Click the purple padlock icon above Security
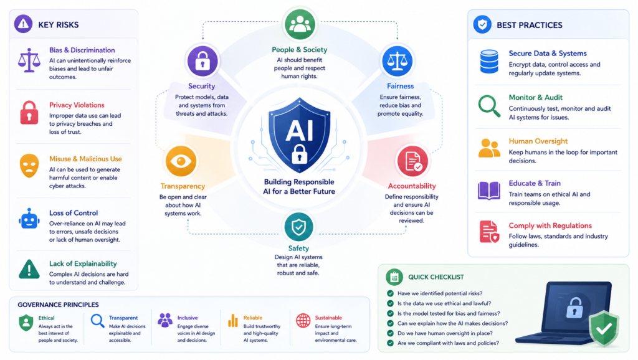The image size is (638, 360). tap(202, 61)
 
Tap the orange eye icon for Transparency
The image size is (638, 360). tap(181, 161)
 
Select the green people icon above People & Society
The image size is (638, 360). tap(300, 24)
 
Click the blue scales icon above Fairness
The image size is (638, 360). tap(397, 61)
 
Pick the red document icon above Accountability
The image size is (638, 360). tap(412, 161)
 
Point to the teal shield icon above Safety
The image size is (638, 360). tap(298, 227)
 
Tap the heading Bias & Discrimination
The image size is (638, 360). tap(82, 50)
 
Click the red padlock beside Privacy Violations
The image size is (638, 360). tap(29, 113)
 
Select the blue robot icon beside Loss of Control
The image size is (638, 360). tap(29, 219)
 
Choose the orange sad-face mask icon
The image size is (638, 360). tap(29, 166)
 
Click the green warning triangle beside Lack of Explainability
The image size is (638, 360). tap(29, 269)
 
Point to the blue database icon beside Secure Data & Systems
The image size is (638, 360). tap(489, 62)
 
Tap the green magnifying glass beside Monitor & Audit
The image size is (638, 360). tap(489, 106)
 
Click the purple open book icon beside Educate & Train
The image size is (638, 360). tap(489, 191)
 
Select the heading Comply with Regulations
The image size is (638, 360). tap(550, 225)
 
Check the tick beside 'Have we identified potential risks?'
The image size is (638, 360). tap(390, 293)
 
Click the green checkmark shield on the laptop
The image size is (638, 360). tap(604, 328)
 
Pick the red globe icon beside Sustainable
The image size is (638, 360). tap(303, 321)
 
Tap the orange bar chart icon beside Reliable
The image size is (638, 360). tap(233, 321)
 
